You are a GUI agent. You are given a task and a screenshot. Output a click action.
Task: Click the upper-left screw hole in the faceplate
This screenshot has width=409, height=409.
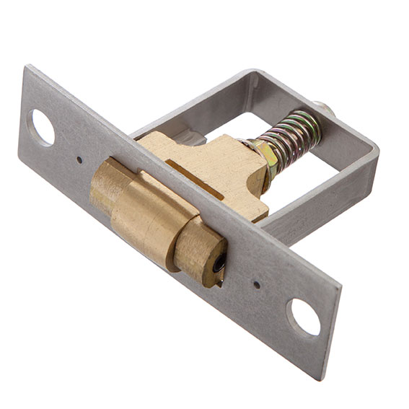pyautogui.click(x=41, y=127)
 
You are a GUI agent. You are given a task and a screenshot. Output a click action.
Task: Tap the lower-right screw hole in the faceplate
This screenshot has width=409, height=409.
pyautogui.click(x=303, y=317)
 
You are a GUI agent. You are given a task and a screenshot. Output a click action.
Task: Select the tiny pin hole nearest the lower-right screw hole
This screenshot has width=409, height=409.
pyautogui.click(x=258, y=284)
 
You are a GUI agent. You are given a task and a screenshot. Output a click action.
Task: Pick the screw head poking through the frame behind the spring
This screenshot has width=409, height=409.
pyautogui.click(x=326, y=109)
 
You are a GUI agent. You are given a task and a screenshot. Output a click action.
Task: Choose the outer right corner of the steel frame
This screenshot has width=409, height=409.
pyautogui.click(x=376, y=148)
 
